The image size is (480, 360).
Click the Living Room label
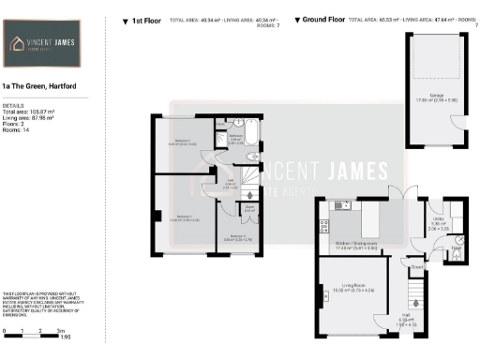point(352,286)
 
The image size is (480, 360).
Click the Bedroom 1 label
point(183,217)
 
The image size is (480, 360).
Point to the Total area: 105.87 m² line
point(29,112)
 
